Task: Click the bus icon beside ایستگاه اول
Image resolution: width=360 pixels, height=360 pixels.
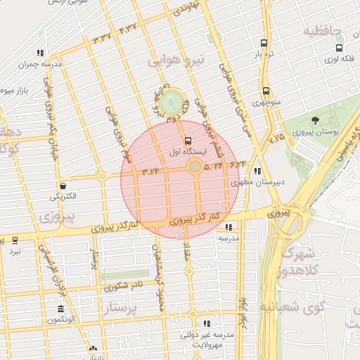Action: [187, 140]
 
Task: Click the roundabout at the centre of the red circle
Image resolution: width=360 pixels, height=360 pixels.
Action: [194, 167]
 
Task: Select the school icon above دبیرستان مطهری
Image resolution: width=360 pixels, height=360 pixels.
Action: [257, 170]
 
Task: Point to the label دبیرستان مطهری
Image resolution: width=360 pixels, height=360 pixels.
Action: [258, 182]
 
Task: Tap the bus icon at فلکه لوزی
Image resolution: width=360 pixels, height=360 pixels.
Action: [340, 49]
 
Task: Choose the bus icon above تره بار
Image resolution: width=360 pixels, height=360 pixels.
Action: [263, 43]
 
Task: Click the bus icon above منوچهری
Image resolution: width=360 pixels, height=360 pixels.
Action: [266, 91]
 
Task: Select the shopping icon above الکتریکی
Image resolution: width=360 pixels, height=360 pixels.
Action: [64, 186]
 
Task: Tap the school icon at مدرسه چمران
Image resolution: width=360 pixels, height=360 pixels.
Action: [40, 53]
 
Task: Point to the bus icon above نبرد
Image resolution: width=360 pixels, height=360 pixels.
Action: [15, 240]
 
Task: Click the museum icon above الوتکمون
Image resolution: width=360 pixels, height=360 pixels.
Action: [61, 309]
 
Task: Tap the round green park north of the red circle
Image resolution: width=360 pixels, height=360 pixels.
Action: [169, 104]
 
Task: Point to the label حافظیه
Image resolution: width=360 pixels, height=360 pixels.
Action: [322, 31]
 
